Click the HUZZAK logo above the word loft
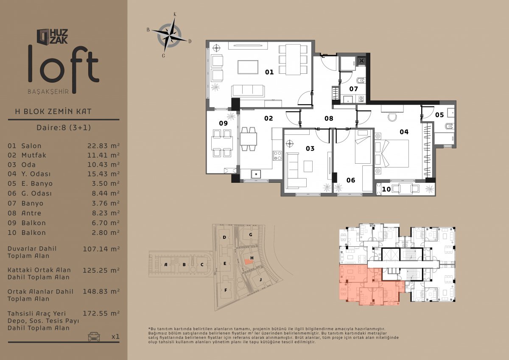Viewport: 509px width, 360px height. tap(52, 36)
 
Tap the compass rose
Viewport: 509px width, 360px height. tap(170, 36)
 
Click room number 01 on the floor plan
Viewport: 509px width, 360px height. tap(269, 72)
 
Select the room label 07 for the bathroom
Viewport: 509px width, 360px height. tap(354, 89)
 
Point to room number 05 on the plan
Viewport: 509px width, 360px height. tap(439, 115)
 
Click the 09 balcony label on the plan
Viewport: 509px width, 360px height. tap(223, 123)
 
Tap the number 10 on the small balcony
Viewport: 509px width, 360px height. tap(386, 189)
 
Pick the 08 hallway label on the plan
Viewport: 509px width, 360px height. tap(329, 118)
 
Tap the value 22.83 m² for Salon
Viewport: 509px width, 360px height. tap(103, 145)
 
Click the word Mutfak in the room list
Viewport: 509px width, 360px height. tap(34, 155)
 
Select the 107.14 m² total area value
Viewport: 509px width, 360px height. tap(101, 249)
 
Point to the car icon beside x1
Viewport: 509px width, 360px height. tap(94, 336)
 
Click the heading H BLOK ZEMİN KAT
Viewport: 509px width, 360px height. tap(53, 112)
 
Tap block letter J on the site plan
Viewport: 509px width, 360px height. tap(260, 279)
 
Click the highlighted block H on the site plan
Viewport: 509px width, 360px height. tap(249, 262)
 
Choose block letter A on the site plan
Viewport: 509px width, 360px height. tap(166, 265)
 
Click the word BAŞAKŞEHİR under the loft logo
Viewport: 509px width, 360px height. tap(48, 92)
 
